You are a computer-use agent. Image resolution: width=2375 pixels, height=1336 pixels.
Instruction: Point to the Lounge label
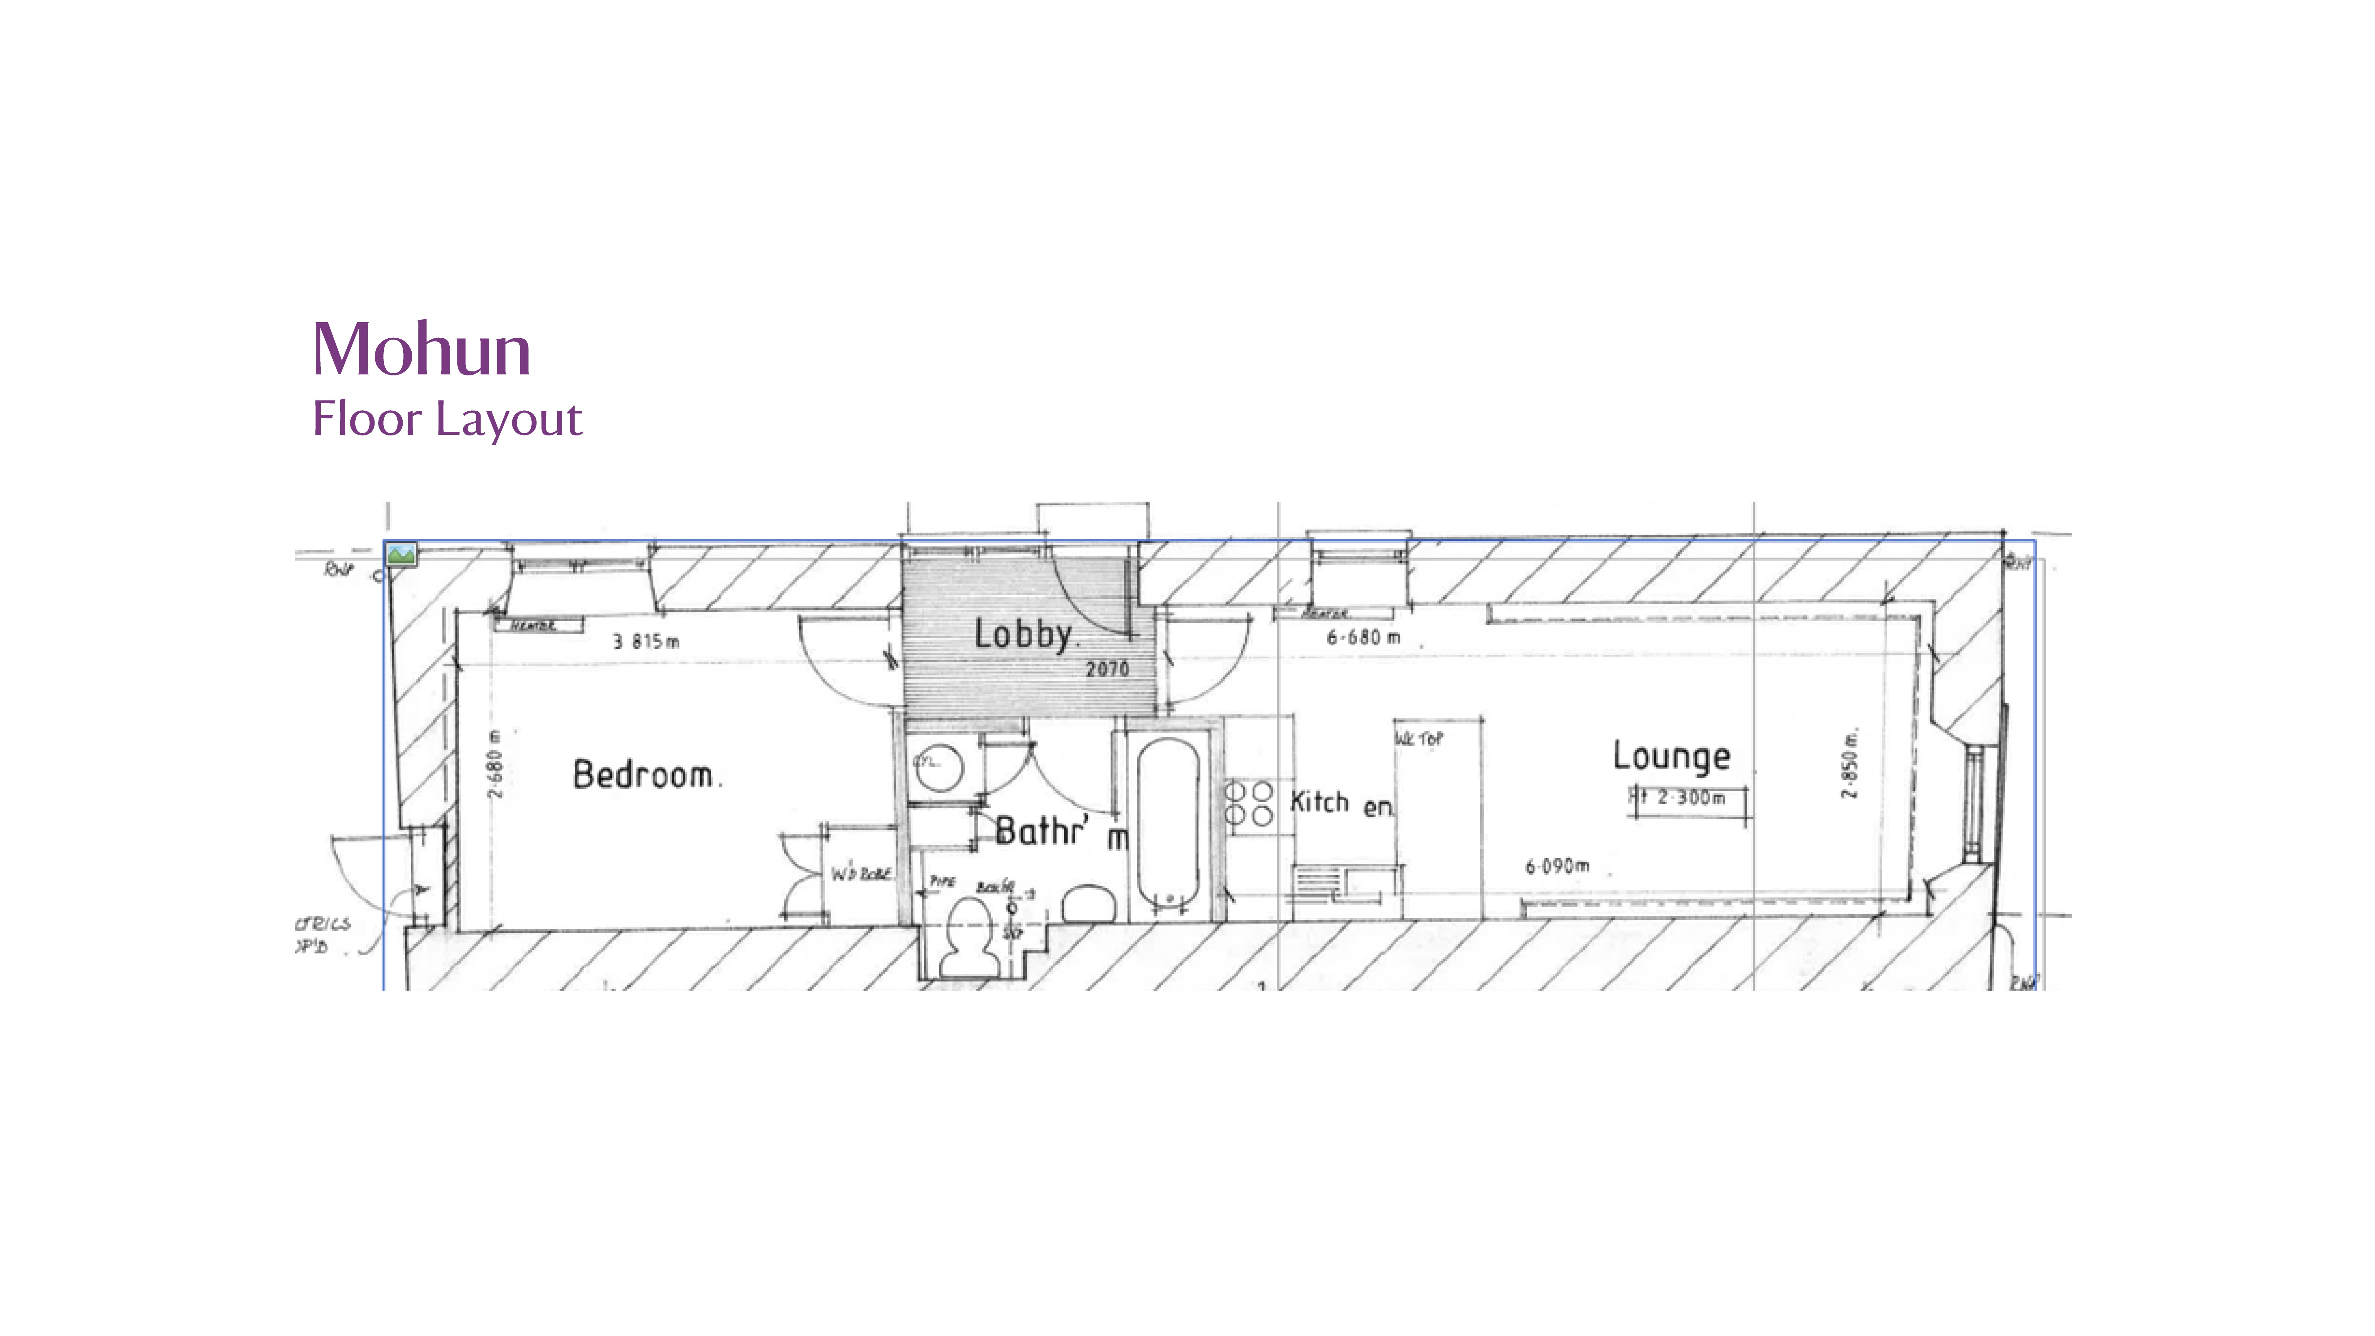[1671, 756]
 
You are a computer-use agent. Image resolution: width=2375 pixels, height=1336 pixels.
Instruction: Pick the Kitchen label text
[1342, 803]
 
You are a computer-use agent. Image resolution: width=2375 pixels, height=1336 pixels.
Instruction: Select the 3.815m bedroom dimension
[646, 642]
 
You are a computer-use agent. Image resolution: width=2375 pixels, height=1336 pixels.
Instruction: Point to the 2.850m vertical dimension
[1850, 764]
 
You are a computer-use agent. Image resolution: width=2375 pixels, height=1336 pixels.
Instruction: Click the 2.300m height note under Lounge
[1689, 798]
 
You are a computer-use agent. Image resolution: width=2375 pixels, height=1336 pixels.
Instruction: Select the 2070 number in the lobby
[1106, 669]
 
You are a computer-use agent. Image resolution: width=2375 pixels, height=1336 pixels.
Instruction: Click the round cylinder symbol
[939, 766]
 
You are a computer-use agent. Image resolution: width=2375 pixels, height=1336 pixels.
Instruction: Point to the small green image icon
[401, 554]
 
